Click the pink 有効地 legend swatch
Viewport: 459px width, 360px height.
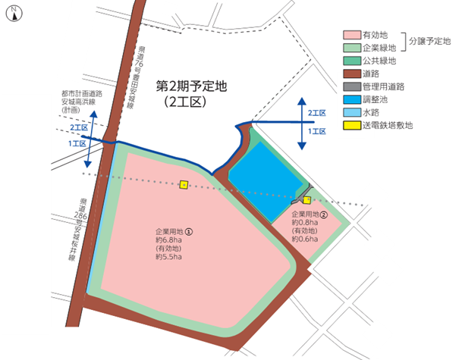tap(352, 34)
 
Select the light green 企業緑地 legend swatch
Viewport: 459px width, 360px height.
tap(352, 47)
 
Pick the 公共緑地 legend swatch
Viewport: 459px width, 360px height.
tap(352, 60)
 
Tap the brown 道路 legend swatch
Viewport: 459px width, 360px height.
tap(352, 74)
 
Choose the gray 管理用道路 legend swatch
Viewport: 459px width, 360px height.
tap(352, 86)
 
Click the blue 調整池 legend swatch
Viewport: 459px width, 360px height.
tap(352, 99)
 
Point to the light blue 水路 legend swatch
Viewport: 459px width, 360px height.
tap(352, 112)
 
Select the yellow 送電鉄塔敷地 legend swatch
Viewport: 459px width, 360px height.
tap(352, 126)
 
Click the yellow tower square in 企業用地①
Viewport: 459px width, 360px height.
tap(184, 184)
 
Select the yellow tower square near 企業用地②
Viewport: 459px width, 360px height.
tap(307, 200)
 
